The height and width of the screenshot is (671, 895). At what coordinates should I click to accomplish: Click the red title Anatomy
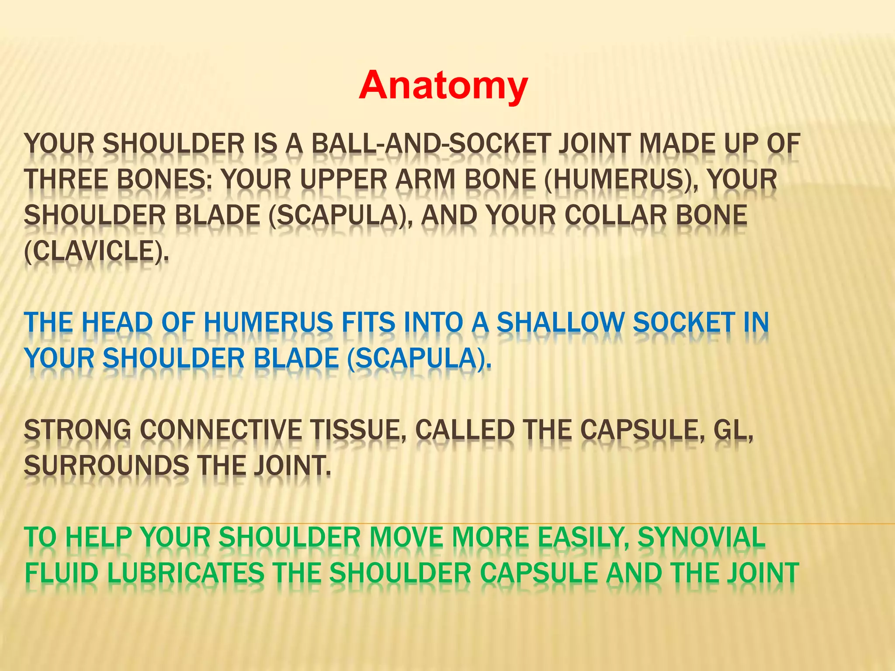(443, 86)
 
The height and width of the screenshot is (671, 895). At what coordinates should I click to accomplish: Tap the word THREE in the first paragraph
(66, 180)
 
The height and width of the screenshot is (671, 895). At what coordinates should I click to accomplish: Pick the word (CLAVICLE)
(96, 251)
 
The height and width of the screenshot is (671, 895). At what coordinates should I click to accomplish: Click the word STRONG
(77, 430)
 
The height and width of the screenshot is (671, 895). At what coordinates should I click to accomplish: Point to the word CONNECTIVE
(221, 430)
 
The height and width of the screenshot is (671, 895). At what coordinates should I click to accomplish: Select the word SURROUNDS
(106, 466)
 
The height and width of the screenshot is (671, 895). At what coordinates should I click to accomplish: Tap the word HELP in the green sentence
(99, 538)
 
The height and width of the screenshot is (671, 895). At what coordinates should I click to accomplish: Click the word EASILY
(583, 538)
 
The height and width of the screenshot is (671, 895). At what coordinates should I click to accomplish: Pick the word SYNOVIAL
(701, 538)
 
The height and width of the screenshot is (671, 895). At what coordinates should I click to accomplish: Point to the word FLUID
(62, 574)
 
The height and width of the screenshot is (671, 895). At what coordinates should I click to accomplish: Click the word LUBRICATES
(186, 574)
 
